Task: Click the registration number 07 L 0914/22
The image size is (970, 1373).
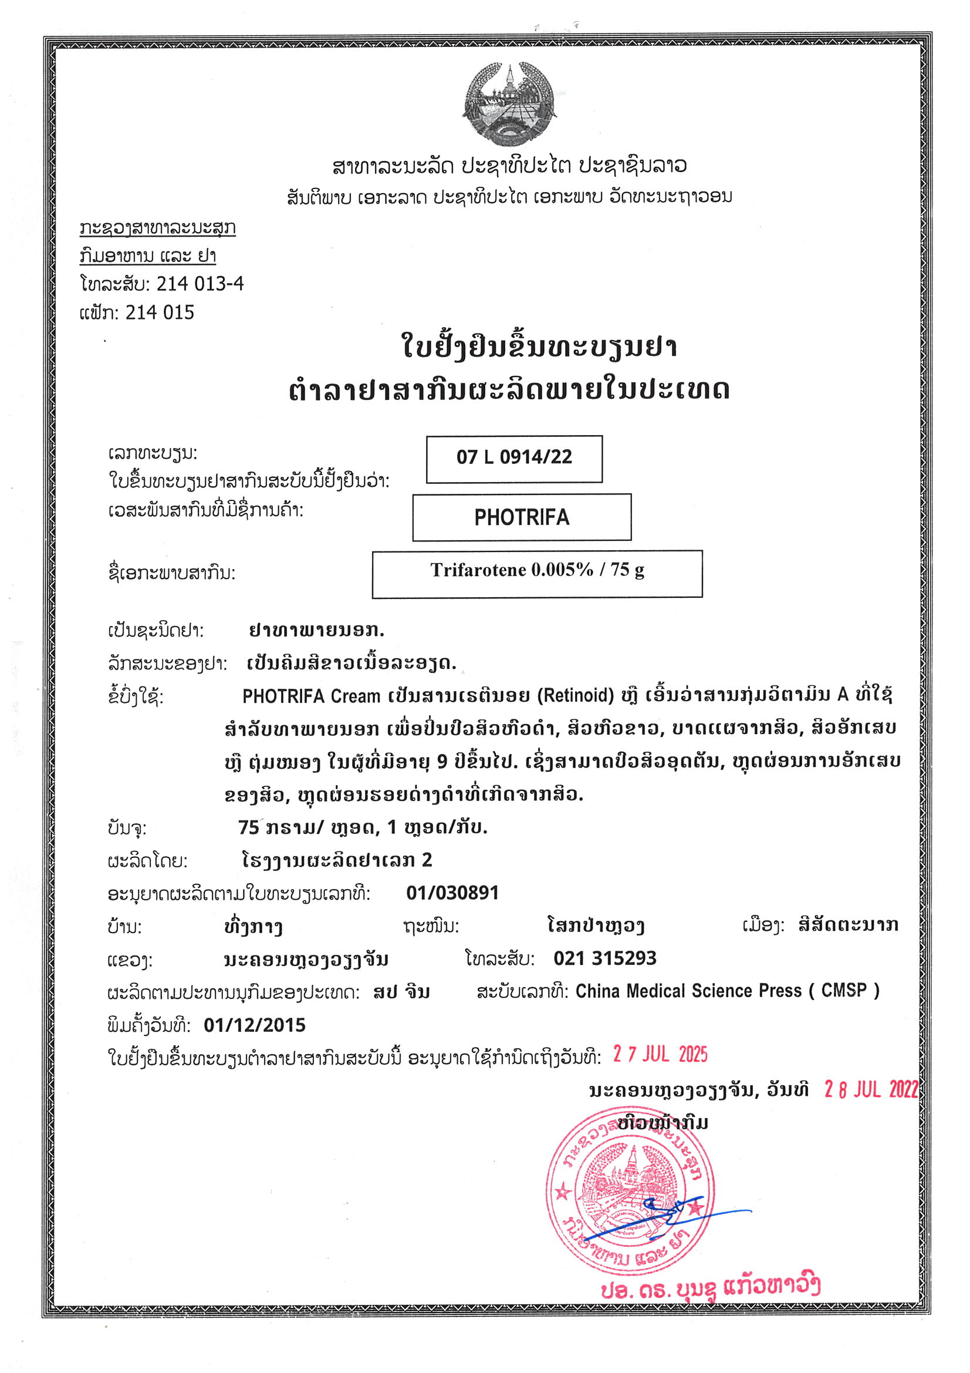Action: [514, 457]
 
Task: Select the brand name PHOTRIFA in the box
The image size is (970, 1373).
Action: [521, 517]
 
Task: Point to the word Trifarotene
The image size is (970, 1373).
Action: [478, 570]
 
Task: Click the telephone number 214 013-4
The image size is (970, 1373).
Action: [200, 284]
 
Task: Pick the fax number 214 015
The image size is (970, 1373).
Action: [160, 312]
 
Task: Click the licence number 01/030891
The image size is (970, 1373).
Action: [452, 893]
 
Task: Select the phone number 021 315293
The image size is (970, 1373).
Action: [605, 958]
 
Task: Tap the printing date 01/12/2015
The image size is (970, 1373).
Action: [255, 1025]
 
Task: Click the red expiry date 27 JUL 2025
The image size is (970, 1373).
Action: [660, 1054]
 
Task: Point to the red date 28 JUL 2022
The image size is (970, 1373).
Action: [871, 1089]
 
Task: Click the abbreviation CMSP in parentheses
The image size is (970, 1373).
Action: [844, 991]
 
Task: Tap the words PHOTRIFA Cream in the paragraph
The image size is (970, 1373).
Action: [311, 696]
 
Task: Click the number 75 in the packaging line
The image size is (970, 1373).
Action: [249, 827]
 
